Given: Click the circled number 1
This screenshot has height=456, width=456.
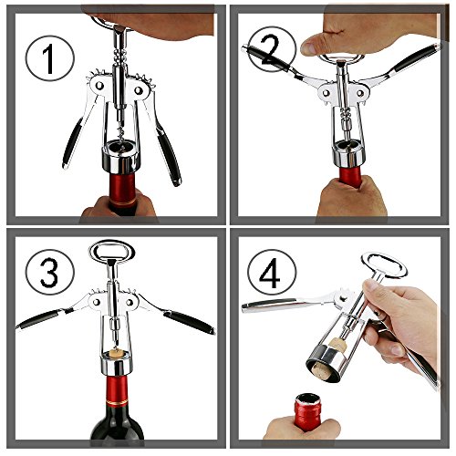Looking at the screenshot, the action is pos(50,58).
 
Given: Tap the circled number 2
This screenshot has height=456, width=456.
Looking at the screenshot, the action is pos(272,49).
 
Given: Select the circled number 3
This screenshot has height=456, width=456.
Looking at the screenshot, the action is pos(50,272).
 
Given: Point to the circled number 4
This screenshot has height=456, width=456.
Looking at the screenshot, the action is pos(272,273).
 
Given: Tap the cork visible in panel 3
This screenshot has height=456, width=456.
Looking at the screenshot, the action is pos(116,353).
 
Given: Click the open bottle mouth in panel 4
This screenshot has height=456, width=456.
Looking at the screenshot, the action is pos(308,399).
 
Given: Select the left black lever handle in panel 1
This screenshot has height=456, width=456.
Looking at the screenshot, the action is pos(72,142).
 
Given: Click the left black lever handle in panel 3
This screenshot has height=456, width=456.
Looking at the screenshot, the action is pos(40,318).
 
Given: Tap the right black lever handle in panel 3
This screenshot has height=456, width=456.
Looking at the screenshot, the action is pos(189,322).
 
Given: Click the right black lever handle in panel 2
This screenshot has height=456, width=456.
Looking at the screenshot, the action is pos(416,58).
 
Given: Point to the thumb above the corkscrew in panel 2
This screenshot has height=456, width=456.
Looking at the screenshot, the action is pos(313,45).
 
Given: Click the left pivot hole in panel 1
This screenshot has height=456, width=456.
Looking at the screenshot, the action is pos(99,86).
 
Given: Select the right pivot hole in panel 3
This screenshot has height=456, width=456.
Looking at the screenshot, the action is pos(130,303).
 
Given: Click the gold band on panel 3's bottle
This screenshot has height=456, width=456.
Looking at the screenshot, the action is pos(117,402).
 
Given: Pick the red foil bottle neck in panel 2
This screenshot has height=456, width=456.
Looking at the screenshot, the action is pos(350,176).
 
